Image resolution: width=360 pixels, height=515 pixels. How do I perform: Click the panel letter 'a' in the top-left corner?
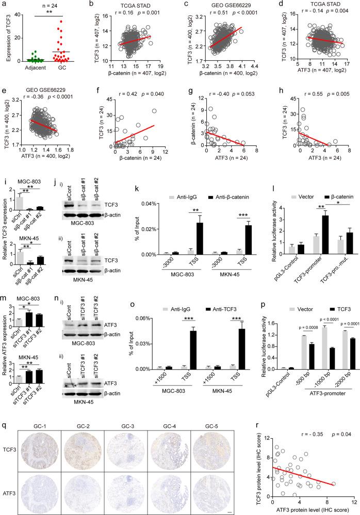click(x=4, y=4)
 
